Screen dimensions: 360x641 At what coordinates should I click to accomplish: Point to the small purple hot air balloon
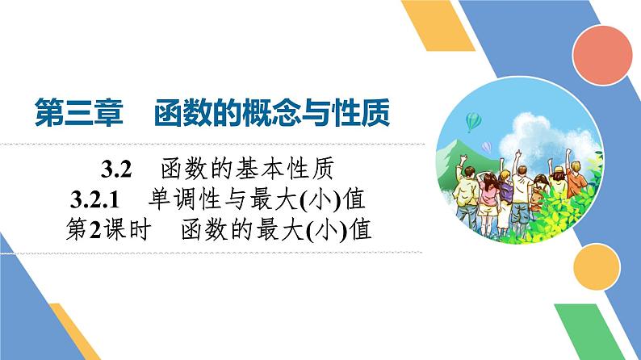point(487,147)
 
